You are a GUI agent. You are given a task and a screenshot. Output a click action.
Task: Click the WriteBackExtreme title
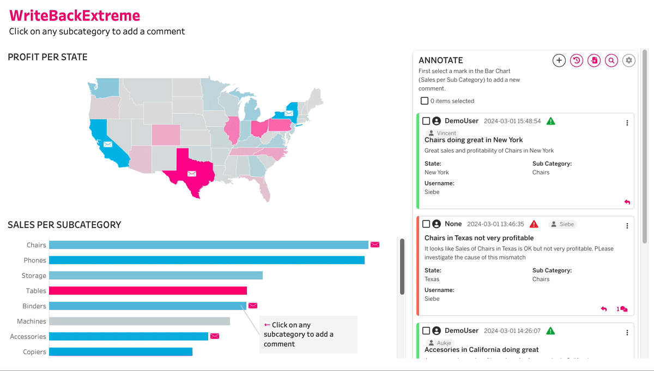[75, 15]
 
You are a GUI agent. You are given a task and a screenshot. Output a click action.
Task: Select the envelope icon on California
[108, 144]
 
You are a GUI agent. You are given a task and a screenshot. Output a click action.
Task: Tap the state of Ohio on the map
[259, 128]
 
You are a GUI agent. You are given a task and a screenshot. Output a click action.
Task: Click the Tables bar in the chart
[148, 291]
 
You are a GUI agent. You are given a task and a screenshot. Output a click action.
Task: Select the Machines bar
[140, 321]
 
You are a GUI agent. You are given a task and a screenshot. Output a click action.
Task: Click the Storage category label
[34, 276]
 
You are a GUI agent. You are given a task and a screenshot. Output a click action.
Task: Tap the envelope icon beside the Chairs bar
[375, 245]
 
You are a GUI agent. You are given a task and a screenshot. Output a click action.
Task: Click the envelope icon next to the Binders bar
[253, 306]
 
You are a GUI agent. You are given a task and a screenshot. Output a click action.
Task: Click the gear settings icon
[629, 61]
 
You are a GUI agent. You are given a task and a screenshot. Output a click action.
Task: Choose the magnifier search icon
[611, 61]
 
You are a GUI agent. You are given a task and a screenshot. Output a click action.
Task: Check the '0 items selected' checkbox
[425, 101]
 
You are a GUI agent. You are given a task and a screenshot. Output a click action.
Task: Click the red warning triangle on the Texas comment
[534, 224]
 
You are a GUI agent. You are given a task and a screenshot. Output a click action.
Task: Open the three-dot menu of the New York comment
[627, 123]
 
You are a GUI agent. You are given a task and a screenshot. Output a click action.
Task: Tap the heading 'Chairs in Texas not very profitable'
[479, 238]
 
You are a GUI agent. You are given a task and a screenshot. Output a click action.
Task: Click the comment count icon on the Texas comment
[622, 309]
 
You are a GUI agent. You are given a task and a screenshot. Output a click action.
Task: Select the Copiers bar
[120, 352]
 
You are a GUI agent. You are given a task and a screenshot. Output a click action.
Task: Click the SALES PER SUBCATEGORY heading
[64, 225]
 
